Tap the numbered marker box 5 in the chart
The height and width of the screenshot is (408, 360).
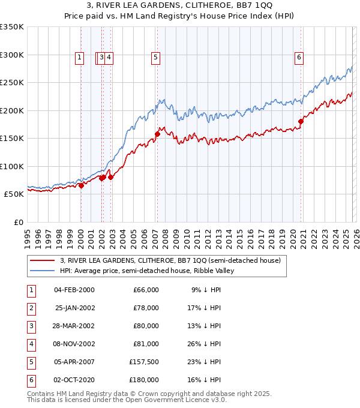[x=155, y=58]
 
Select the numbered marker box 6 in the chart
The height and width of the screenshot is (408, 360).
[x=299, y=58]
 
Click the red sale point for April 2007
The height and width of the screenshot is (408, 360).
[x=157, y=134]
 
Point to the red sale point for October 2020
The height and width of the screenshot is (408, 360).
[x=301, y=121]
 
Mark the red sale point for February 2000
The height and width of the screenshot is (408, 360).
[x=81, y=185]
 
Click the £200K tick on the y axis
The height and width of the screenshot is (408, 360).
[x=12, y=110]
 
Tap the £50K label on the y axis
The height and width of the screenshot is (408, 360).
[x=14, y=194]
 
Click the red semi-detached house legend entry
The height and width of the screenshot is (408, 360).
[x=170, y=260]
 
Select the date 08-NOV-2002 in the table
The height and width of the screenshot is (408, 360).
[x=74, y=344]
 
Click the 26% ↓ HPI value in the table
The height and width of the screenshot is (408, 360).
[x=206, y=344]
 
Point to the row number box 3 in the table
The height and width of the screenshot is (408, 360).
[x=31, y=326]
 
